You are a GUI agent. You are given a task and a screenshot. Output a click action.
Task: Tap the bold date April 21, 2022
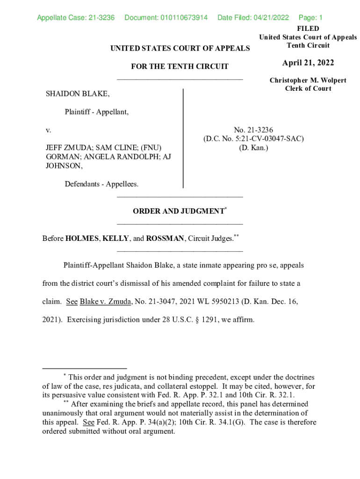pyautogui.click(x=308, y=63)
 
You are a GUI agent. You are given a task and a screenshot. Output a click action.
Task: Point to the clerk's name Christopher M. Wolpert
pyautogui.click(x=308, y=80)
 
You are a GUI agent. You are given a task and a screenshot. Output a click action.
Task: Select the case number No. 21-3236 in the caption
pyautogui.click(x=253, y=130)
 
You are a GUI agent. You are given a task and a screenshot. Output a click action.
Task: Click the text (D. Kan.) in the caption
pyautogui.click(x=253, y=147)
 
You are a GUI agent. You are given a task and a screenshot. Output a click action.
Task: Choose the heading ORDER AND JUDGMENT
pyautogui.click(x=178, y=211)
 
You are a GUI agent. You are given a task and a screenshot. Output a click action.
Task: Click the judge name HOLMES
pyautogui.click(x=82, y=239)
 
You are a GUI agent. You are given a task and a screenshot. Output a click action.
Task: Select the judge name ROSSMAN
pyautogui.click(x=165, y=239)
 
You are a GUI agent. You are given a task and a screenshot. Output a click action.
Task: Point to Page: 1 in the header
pyautogui.click(x=310, y=18)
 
